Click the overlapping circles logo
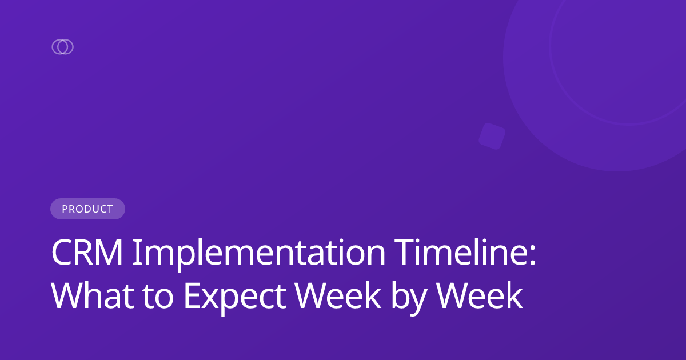62,47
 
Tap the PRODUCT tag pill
87,209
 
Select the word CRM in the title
87,253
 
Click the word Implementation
259,253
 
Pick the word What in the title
89,297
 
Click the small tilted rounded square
492,136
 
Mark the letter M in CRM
110,253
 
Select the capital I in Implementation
137,253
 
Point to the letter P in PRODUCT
65,209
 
